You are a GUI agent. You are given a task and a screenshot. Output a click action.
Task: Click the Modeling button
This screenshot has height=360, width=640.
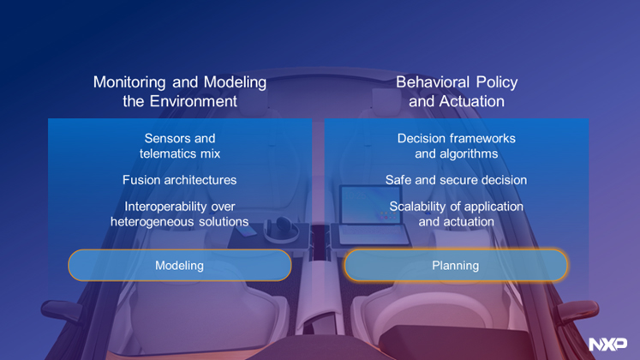[180, 266]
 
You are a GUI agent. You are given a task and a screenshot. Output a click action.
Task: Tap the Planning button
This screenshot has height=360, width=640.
[456, 266]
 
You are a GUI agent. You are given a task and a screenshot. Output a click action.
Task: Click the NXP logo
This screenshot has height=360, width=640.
[607, 344]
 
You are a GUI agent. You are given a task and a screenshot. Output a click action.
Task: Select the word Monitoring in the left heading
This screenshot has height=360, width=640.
[129, 82]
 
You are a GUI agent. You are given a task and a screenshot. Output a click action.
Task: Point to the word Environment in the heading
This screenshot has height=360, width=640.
[193, 101]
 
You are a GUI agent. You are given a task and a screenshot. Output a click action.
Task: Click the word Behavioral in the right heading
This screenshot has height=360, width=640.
[433, 82]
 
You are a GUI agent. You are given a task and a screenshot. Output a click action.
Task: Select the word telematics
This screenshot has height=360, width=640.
[167, 153]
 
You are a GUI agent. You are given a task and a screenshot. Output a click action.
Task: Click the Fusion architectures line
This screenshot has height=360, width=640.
[180, 180]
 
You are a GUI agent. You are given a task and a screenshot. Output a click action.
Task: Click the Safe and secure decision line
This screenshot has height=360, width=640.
[456, 180]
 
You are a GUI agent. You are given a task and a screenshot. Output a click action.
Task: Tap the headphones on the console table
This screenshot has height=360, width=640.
[281, 229]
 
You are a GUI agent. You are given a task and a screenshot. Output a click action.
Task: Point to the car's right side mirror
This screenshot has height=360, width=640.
[578, 311]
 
